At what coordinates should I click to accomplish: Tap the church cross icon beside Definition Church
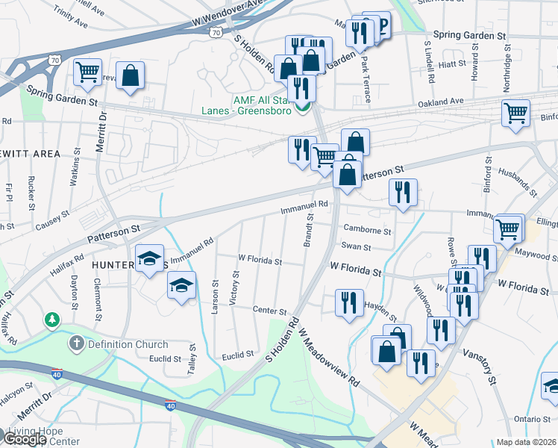(x=75, y=344)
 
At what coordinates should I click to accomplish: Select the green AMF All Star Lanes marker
(x=302, y=108)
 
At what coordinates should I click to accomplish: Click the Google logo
(x=25, y=439)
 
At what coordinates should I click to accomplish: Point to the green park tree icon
(x=51, y=320)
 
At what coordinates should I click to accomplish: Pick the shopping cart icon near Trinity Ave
(x=88, y=72)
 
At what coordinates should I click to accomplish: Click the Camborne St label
(x=367, y=231)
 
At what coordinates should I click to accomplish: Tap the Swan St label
(x=356, y=246)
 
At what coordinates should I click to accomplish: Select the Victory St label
(x=235, y=287)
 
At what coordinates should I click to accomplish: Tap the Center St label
(x=269, y=311)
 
